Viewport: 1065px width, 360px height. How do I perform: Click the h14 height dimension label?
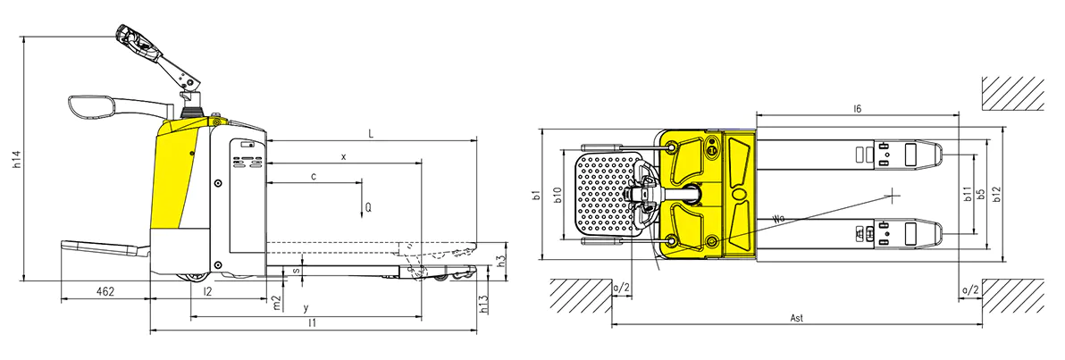tap(19, 158)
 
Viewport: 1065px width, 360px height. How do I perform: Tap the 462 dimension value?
tap(104, 291)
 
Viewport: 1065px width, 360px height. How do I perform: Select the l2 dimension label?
tap(208, 291)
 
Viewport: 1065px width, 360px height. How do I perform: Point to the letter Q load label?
tap(367, 205)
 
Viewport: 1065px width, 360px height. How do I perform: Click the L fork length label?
tap(371, 134)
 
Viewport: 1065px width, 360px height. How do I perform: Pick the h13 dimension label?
tap(484, 303)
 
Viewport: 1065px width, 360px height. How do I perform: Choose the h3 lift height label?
tap(500, 261)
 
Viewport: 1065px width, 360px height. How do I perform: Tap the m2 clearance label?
tap(276, 303)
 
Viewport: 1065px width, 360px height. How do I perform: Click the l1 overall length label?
tap(312, 323)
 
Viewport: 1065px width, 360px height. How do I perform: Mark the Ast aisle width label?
tap(797, 318)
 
